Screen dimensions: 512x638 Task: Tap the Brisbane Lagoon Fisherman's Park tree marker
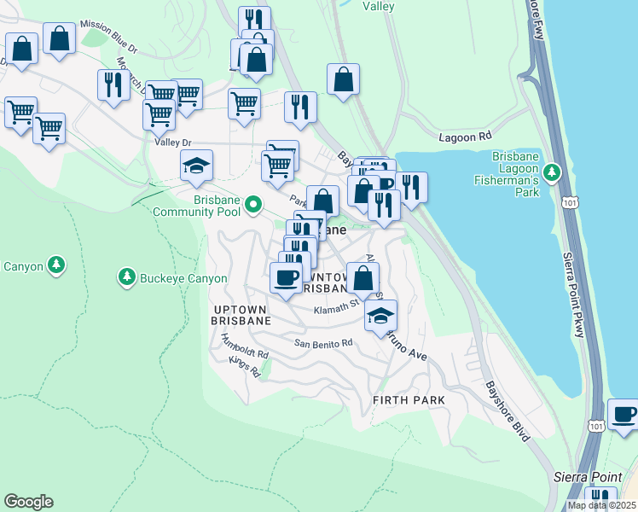click(552, 173)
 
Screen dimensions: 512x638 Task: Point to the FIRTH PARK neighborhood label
click(409, 399)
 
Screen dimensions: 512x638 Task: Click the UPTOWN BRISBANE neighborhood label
click(241, 314)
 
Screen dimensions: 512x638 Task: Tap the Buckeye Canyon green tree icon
click(126, 277)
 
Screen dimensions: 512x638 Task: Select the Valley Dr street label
click(174, 143)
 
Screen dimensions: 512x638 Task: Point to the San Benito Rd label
click(323, 343)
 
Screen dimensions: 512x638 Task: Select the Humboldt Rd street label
click(245, 346)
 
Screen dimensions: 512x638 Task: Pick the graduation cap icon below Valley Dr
click(196, 165)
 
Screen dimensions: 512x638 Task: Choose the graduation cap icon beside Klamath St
click(380, 316)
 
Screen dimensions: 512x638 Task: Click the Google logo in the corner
click(28, 502)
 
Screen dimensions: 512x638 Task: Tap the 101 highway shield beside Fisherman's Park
click(568, 200)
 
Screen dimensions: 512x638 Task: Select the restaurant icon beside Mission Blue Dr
click(113, 84)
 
